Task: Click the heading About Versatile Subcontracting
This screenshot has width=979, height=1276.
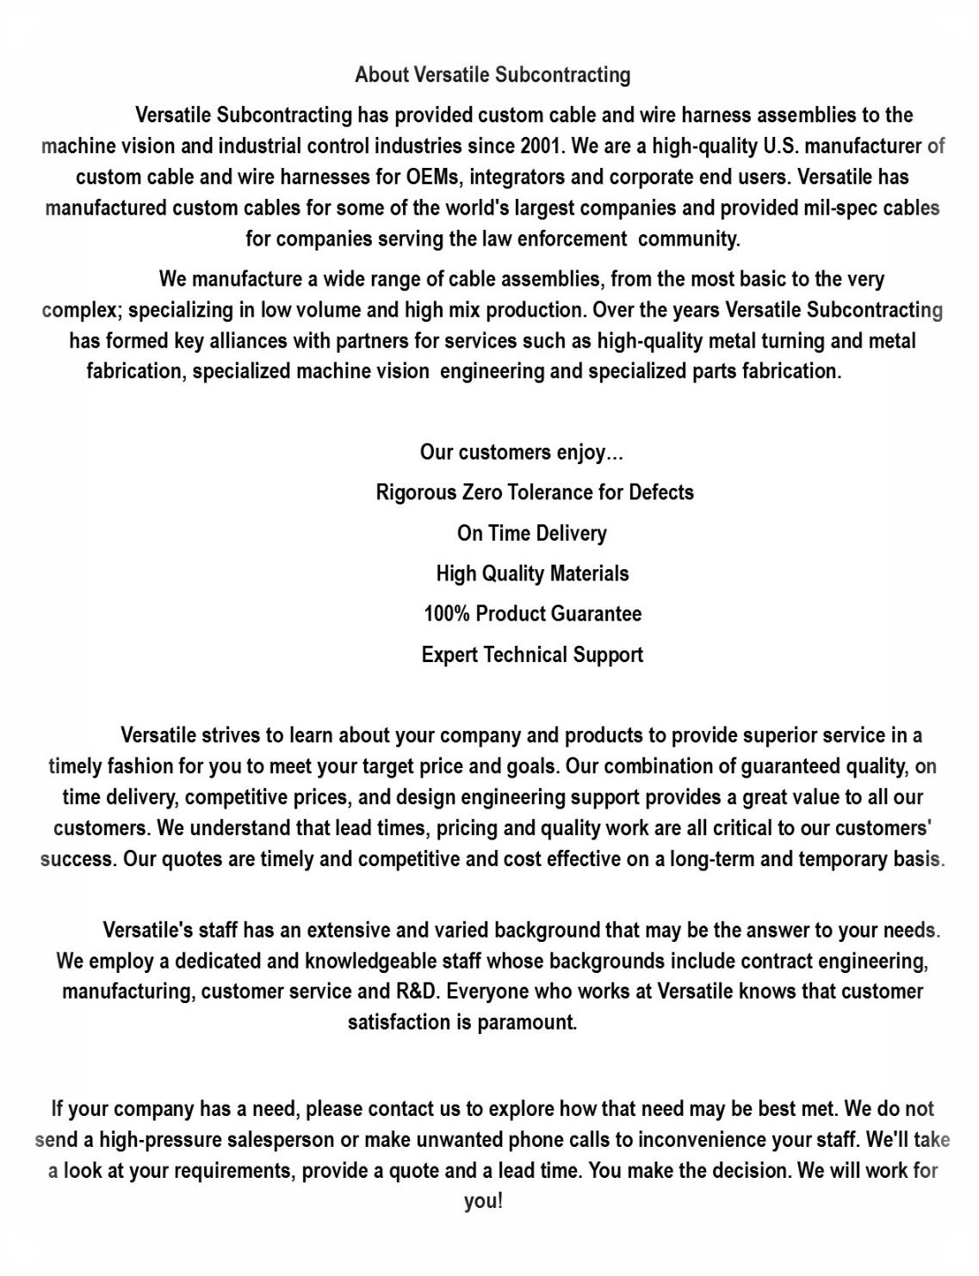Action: [x=493, y=75]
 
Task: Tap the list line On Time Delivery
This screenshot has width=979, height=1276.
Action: [x=532, y=533]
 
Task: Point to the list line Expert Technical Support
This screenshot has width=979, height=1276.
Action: [x=532, y=654]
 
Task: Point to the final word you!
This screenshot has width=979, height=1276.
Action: [x=483, y=1201]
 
